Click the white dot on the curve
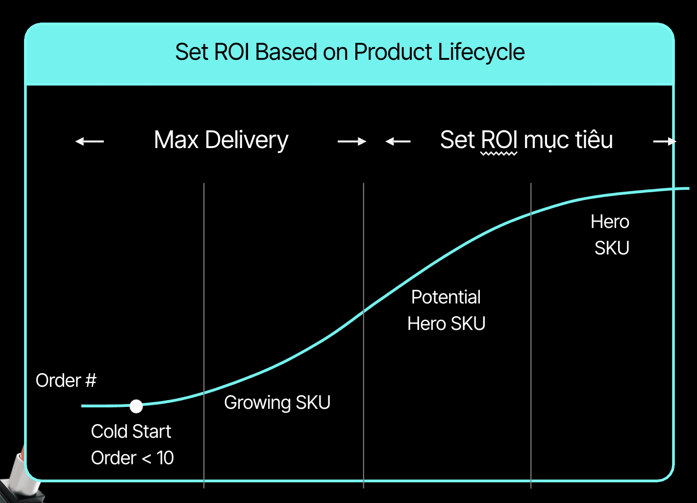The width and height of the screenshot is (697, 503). [x=136, y=406]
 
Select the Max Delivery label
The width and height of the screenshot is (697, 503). [x=221, y=140]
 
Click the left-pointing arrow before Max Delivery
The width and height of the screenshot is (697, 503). [x=89, y=142]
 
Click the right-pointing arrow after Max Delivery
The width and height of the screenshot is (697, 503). [x=352, y=142]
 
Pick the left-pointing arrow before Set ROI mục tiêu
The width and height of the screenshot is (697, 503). [x=398, y=142]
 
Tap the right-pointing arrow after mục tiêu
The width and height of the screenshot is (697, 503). [x=665, y=142]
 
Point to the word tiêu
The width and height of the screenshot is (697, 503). [x=594, y=140]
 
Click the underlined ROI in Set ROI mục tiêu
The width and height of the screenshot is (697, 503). [x=499, y=140]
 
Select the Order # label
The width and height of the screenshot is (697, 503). [x=66, y=380]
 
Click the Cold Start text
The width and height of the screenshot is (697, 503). [x=131, y=431]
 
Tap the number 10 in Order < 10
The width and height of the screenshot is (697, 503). [x=165, y=458]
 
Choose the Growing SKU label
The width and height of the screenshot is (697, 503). [x=277, y=402]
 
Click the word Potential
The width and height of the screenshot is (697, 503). [x=446, y=297]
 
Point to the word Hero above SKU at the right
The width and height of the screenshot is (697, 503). [x=610, y=222]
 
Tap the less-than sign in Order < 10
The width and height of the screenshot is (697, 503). [x=146, y=458]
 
